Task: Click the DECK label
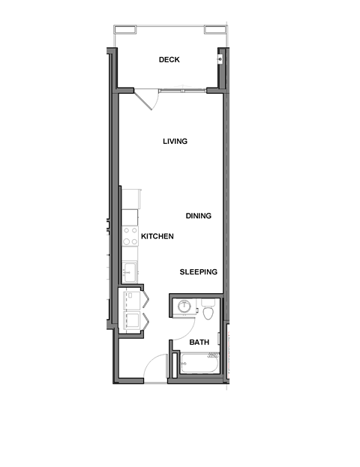(x=169, y=60)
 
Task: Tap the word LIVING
(x=175, y=141)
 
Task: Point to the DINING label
(x=199, y=216)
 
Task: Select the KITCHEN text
(x=157, y=236)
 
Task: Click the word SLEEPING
(x=199, y=272)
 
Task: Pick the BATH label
(x=199, y=343)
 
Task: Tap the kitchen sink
(x=129, y=271)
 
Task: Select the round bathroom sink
(x=184, y=306)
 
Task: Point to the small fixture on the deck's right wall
(x=220, y=58)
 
